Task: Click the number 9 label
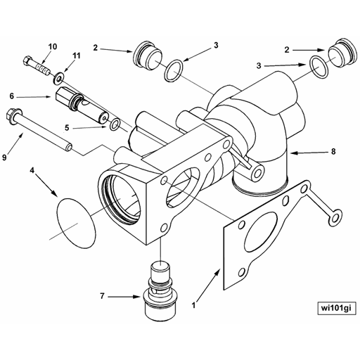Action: click(x=5, y=157)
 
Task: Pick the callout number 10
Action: click(x=53, y=47)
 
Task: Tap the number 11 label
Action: click(x=77, y=56)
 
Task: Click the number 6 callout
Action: click(x=12, y=96)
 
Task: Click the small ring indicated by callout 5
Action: click(x=114, y=127)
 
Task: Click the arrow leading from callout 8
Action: click(x=309, y=151)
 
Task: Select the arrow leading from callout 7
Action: click(x=127, y=296)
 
